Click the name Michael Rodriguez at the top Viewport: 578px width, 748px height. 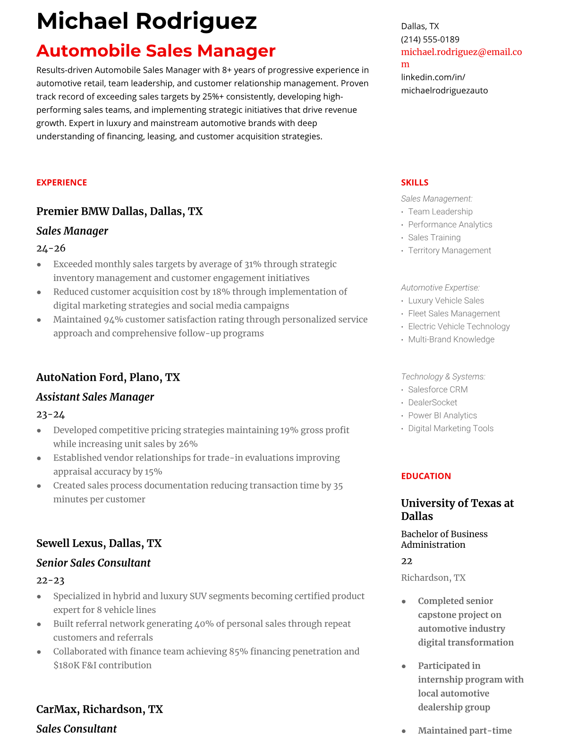point(146,21)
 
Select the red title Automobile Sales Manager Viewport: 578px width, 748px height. point(156,51)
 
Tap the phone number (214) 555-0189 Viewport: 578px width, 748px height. point(430,39)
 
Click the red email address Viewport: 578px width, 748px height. point(461,52)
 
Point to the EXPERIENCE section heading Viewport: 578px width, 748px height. point(61,182)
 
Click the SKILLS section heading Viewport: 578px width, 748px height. point(414,182)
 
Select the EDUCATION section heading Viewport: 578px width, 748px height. point(425,476)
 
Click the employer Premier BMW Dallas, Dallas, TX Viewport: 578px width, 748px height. point(119,211)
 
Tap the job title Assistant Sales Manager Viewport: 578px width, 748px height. point(95,397)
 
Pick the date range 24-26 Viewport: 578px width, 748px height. point(51,248)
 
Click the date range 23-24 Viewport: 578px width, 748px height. point(50,414)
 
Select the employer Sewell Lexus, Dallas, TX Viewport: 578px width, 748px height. point(99,543)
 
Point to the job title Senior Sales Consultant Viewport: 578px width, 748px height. point(93,563)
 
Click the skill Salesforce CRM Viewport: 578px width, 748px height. point(437,390)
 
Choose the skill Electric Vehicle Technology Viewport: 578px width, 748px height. point(459,326)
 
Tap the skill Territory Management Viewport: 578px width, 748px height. point(449,250)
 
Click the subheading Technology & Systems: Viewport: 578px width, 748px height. point(442,376)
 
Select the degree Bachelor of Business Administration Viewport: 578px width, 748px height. point(444,539)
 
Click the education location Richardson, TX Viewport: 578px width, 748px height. point(433,578)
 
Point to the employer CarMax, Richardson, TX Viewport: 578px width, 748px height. point(99,709)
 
